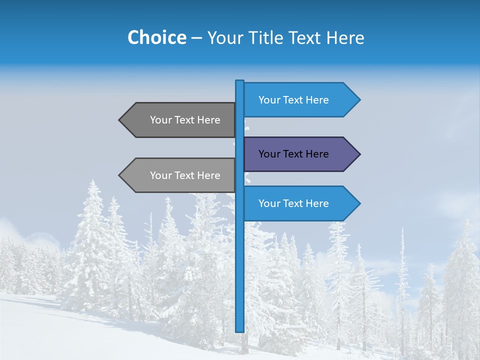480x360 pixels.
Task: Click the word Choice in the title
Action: point(156,38)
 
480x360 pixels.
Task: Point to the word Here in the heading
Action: point(344,38)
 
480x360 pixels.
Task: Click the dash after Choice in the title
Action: point(196,38)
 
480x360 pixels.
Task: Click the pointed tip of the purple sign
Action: point(359,154)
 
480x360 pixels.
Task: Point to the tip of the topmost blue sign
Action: point(359,100)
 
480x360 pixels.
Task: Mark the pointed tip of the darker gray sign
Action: point(120,120)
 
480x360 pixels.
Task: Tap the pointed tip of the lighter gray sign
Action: point(120,175)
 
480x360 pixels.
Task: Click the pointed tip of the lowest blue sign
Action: point(359,203)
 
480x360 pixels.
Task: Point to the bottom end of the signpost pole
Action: point(240,330)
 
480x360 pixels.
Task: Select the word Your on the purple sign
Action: point(269,154)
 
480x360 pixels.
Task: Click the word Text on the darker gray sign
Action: point(185,120)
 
